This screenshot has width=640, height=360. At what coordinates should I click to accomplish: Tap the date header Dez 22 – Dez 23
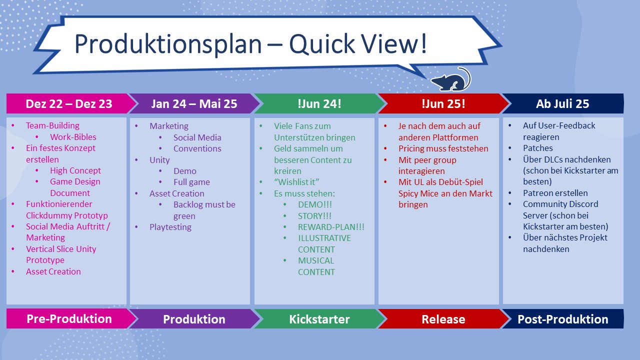[69, 103]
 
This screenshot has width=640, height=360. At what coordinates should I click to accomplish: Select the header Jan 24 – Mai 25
[194, 103]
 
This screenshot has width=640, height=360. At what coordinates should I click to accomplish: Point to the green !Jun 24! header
[319, 103]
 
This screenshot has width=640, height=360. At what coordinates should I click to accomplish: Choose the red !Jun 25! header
[443, 103]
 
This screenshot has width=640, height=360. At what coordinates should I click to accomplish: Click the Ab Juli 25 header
[562, 103]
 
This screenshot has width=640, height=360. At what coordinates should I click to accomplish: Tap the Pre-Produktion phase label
[69, 319]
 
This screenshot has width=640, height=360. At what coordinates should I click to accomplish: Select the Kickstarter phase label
[319, 319]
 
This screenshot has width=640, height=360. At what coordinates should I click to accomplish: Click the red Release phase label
[443, 319]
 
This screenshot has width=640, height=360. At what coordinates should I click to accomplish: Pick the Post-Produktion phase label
[563, 319]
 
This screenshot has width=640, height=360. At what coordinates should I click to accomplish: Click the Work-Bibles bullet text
[73, 137]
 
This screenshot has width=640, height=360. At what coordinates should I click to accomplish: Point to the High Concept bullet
[75, 170]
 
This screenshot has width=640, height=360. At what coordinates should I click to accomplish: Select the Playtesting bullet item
[170, 227]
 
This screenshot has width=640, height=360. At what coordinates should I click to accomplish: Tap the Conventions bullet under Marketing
[197, 148]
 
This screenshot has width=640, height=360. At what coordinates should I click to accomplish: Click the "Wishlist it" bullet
[296, 182]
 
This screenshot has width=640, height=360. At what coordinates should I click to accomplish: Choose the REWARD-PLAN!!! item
[331, 227]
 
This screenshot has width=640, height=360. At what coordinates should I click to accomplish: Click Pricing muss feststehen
[443, 148]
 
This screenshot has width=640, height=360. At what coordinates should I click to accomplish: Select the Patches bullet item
[537, 148]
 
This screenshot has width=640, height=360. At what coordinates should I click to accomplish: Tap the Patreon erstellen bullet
[555, 193]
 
